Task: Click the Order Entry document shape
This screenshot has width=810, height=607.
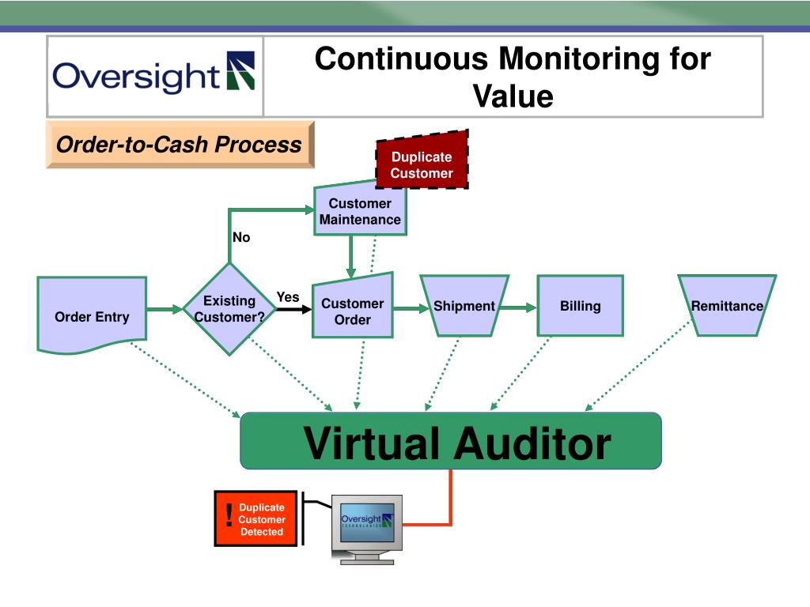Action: pos(91,314)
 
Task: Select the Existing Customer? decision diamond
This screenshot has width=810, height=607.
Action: pos(229,309)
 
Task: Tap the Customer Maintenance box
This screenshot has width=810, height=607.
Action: pos(360,211)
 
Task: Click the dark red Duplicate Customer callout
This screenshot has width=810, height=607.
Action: pos(422,164)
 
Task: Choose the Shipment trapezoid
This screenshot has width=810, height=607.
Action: pos(464,306)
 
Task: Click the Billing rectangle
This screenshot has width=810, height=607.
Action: pos(580,306)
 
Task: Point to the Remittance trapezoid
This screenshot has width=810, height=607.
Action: pos(727,306)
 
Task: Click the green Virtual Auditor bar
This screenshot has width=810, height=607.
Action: pos(450,441)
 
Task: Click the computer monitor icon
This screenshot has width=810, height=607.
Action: pos(365,526)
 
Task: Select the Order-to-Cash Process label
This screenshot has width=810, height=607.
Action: pos(179,145)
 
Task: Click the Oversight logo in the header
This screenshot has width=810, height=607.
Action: pos(154,76)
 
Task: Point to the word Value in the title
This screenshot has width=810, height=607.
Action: pos(513,96)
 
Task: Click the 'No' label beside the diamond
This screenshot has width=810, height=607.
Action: pos(241,237)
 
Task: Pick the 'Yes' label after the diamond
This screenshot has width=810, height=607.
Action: pos(288,297)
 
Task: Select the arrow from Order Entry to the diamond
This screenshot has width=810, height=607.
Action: pos(165,309)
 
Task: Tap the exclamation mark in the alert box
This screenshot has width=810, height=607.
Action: pos(229,517)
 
